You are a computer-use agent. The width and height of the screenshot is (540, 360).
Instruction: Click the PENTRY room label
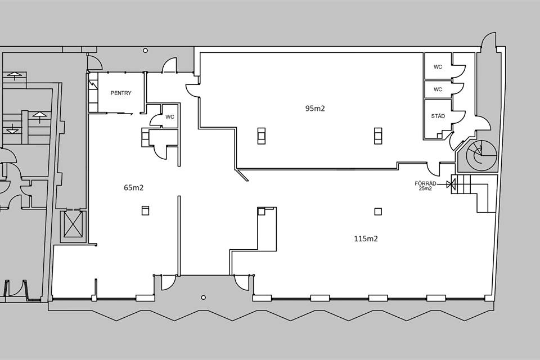121,93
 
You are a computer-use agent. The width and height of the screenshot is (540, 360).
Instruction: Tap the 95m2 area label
315,109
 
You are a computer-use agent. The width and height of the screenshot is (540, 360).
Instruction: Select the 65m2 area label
134,188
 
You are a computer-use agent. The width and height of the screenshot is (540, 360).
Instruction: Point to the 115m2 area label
366,238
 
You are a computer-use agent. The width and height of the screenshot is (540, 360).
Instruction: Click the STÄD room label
438,116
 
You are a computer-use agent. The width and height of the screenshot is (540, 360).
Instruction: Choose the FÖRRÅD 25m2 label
426,186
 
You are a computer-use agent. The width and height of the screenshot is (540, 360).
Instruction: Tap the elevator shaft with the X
73,224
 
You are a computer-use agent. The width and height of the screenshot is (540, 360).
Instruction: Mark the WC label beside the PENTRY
170,117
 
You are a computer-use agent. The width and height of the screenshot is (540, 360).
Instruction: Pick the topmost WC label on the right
438,67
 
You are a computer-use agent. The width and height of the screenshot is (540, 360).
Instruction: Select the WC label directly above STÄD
438,89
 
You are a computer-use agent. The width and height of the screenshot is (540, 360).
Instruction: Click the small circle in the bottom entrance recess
204,298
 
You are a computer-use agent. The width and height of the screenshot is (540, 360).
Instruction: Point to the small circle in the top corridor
145,51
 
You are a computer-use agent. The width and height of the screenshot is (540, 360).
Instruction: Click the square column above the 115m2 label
378,211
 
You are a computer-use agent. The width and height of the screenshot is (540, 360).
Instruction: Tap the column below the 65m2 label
145,210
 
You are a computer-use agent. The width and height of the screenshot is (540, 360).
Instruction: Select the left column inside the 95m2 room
262,136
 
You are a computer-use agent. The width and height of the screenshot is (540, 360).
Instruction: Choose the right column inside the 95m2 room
378,136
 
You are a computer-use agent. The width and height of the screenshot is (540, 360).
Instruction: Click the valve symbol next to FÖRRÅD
449,184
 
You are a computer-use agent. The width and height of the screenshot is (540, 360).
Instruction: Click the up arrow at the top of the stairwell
15,75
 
